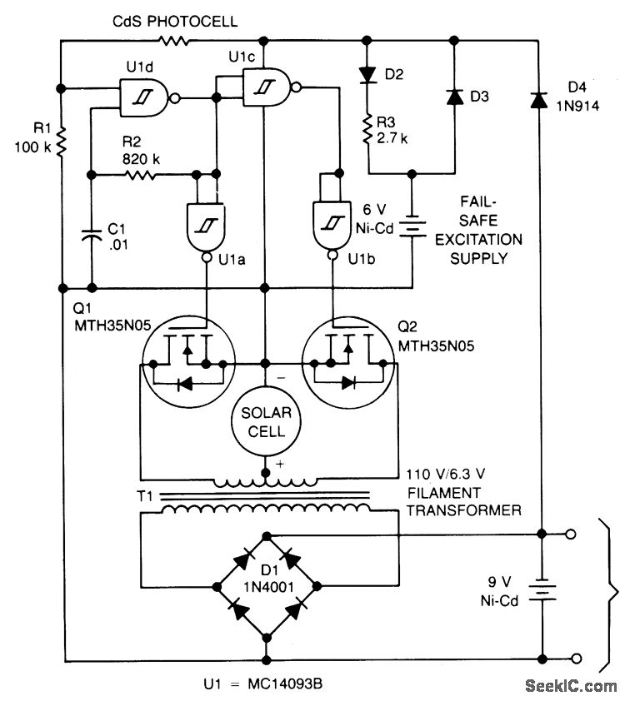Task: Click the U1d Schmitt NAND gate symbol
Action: pyautogui.click(x=145, y=97)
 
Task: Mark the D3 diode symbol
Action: pyautogui.click(x=453, y=97)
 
